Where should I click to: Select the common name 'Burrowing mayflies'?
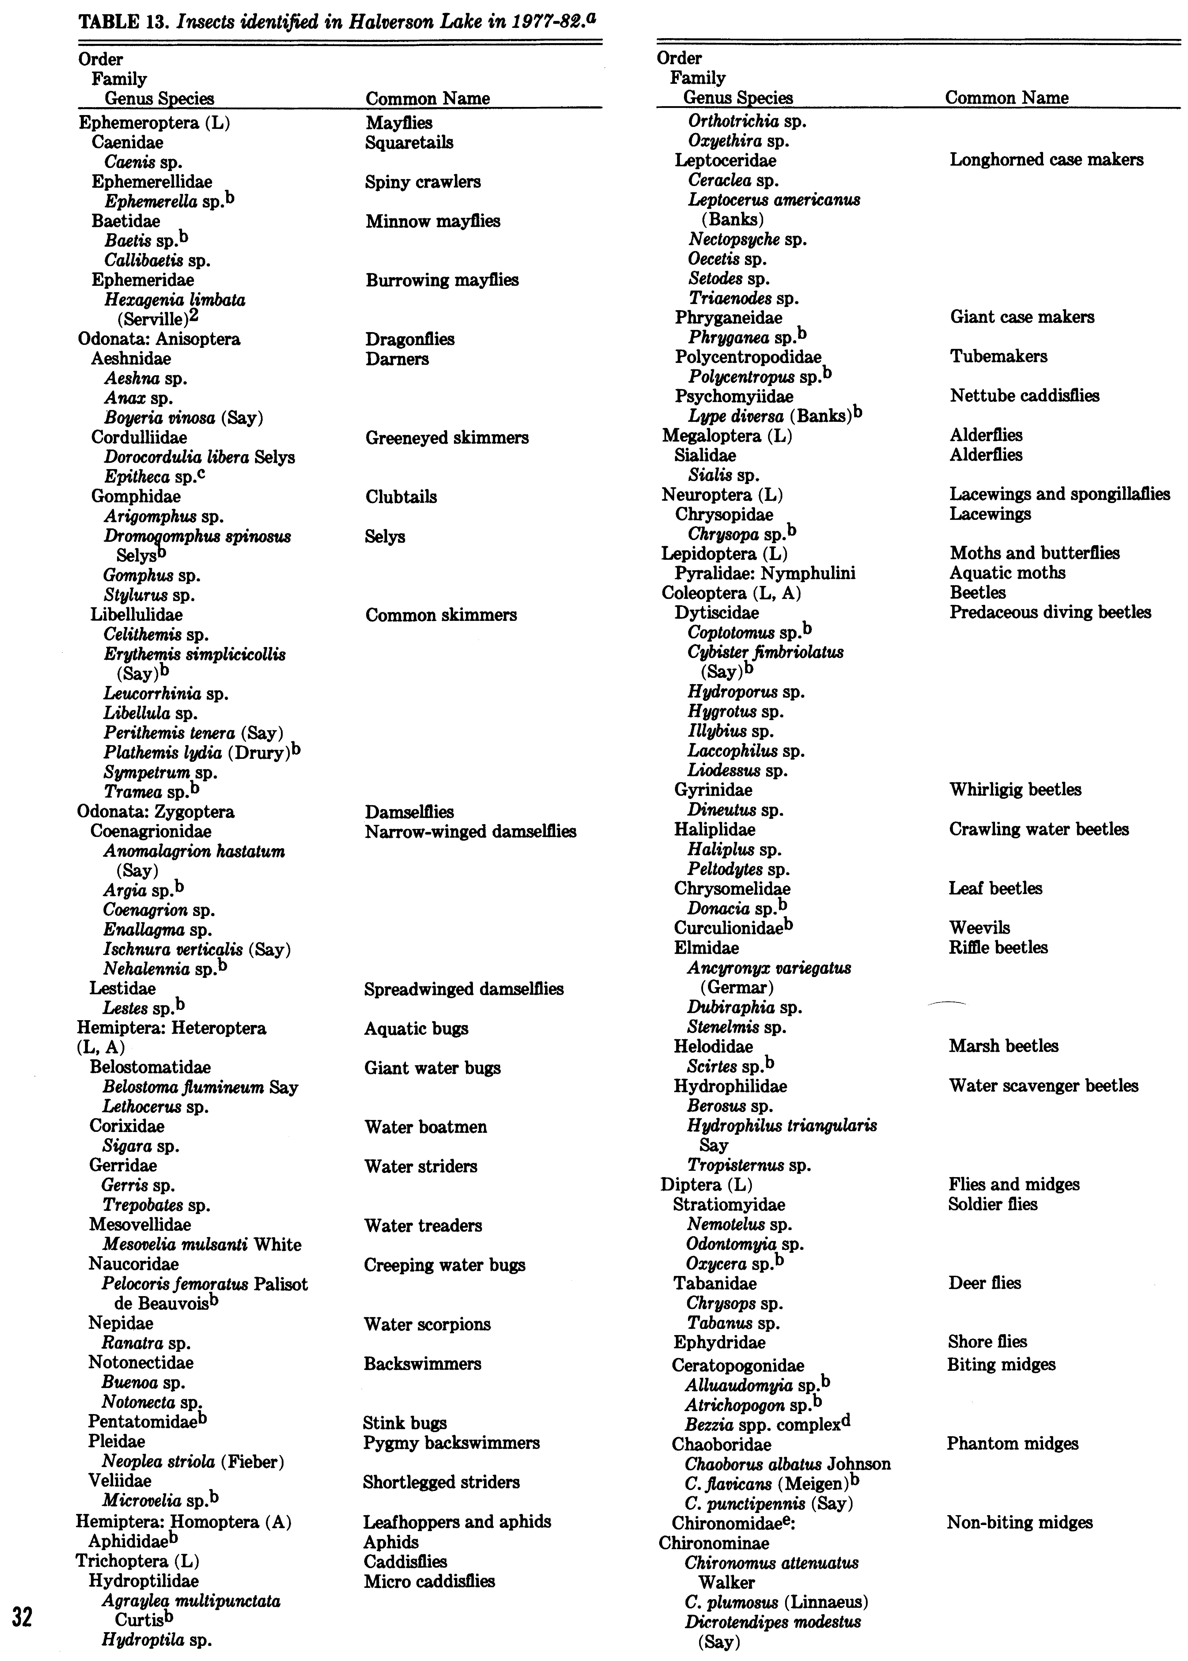[x=442, y=280]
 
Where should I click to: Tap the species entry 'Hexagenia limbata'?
[x=175, y=300]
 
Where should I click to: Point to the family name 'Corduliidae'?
[x=139, y=437]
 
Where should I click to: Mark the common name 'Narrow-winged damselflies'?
[x=470, y=832]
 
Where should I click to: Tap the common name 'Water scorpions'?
[x=427, y=1324]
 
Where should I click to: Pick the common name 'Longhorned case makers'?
[x=1046, y=160]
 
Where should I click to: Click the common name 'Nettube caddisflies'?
[x=1024, y=396]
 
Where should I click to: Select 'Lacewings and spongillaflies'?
[x=1059, y=494]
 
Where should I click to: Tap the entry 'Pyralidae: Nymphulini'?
[x=765, y=573]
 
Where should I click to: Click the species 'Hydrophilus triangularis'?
[x=781, y=1126]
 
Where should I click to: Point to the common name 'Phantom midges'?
[x=1012, y=1444]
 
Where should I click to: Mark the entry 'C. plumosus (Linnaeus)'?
[x=776, y=1602]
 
